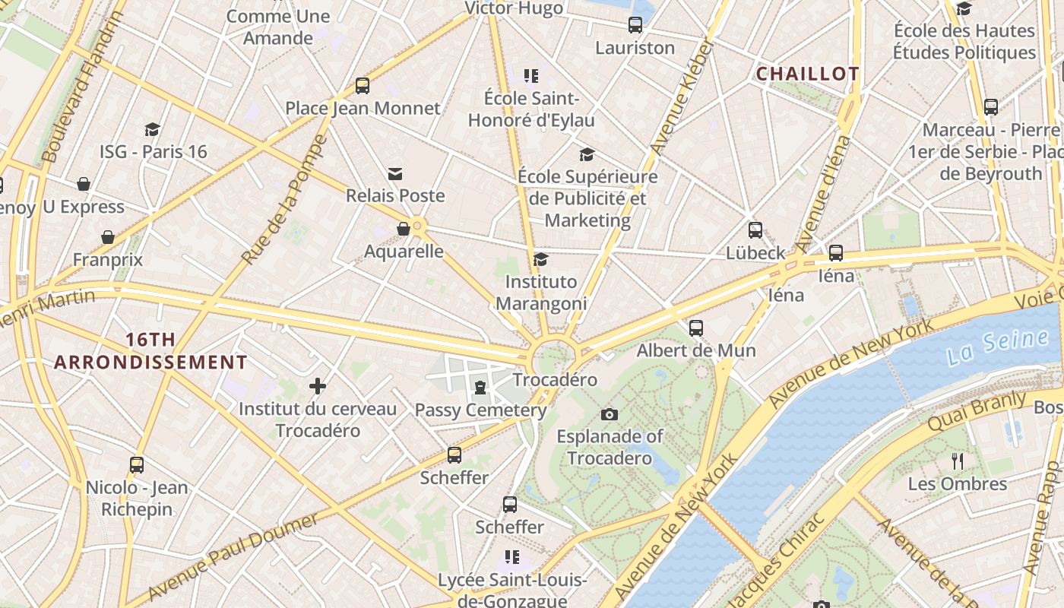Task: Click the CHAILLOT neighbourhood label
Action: coord(807,74)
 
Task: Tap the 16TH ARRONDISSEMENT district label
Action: coord(150,350)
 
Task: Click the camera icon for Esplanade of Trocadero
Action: coord(609,414)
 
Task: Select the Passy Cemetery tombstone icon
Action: coord(480,388)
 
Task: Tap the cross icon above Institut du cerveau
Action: coord(318,386)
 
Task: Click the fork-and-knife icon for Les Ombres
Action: coord(958,461)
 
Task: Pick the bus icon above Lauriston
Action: coord(635,25)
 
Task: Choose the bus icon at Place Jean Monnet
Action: coord(363,86)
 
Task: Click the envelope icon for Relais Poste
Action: coord(395,174)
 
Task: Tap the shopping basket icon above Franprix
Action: coord(108,238)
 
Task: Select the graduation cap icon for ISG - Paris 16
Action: coord(153,129)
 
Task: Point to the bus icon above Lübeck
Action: coord(755,230)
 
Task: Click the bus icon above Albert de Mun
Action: coord(696,328)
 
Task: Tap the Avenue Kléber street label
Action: coord(682,97)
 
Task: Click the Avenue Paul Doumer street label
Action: coord(233,557)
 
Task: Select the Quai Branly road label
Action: coord(977,411)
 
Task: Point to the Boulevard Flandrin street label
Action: coord(82,87)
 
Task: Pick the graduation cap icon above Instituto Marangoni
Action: coord(540,260)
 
